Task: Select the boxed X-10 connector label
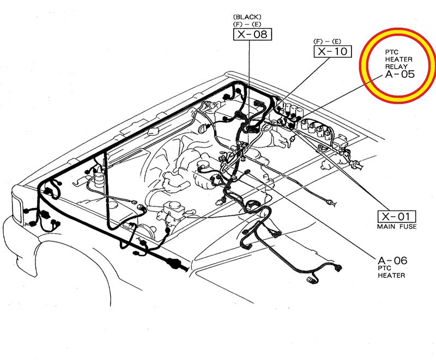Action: (x=332, y=52)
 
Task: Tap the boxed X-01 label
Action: (x=397, y=216)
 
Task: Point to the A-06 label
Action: (x=392, y=260)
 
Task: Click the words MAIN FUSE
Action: (x=397, y=226)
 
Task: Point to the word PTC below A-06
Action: (x=384, y=269)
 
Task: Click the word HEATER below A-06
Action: (x=391, y=276)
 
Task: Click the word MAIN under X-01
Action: (x=386, y=226)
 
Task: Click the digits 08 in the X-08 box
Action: (x=260, y=35)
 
